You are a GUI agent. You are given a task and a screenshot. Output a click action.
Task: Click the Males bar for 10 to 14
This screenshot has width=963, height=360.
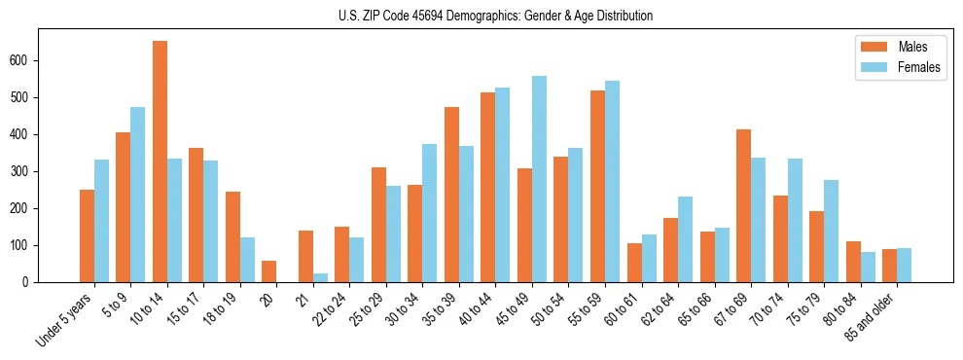click(160, 162)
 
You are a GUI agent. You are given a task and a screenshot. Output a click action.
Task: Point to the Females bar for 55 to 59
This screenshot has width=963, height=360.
click(612, 181)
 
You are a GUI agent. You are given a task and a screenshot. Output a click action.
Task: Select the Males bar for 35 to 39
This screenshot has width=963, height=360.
click(451, 195)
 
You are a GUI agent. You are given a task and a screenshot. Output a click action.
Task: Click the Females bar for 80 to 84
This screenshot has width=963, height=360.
click(868, 267)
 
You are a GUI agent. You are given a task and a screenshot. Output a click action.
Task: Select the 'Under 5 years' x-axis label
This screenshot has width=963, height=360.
click(64, 319)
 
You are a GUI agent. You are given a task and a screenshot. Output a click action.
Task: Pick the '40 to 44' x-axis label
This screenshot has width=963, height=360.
click(477, 311)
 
